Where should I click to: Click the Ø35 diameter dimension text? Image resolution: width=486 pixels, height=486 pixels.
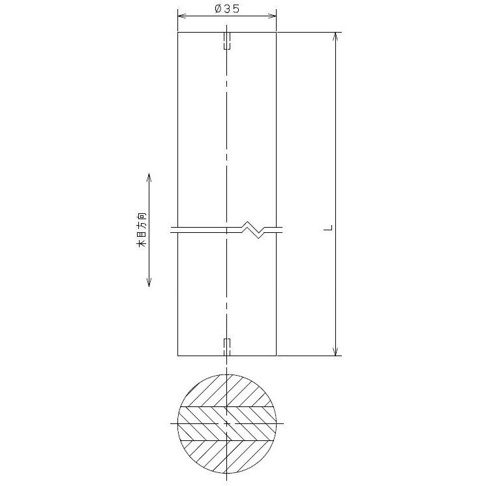coord(226,8)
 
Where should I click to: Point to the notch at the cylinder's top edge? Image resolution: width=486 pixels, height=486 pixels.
coord(227,40)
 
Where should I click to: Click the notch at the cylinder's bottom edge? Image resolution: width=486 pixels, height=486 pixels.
coord(227,347)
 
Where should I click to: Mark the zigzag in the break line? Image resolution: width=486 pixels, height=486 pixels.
coord(256,229)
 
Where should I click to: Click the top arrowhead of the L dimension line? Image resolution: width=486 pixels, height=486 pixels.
coord(337,37)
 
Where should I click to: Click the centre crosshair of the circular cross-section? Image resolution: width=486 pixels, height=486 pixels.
coord(227,423)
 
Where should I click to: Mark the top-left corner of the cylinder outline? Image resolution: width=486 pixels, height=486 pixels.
coord(178,32)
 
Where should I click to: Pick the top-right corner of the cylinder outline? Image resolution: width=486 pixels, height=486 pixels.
coord(277,32)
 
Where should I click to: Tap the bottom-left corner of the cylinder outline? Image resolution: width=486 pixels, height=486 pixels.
coord(178,356)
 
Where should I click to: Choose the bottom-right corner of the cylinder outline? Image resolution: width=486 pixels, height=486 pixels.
coord(277,356)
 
